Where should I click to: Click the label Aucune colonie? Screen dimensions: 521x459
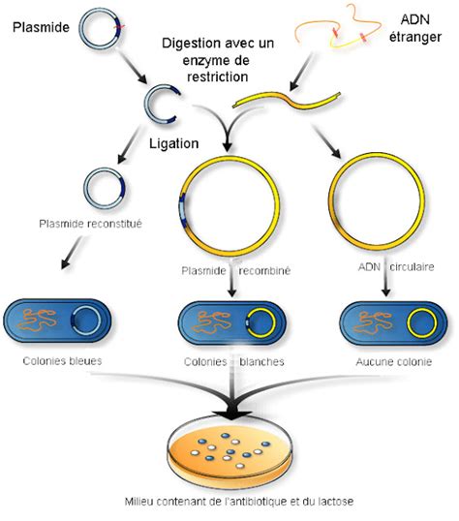(386, 361)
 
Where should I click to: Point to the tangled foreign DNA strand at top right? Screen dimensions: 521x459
(339, 30)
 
